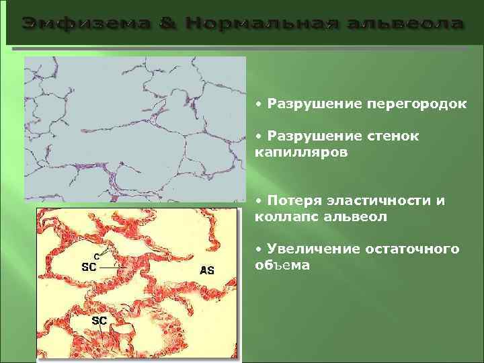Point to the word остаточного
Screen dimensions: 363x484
click(412, 249)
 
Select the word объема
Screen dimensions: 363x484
click(282, 266)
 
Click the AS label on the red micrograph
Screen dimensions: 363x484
click(208, 270)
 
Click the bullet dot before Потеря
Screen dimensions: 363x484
click(259, 201)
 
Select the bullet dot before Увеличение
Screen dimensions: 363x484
click(259, 249)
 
